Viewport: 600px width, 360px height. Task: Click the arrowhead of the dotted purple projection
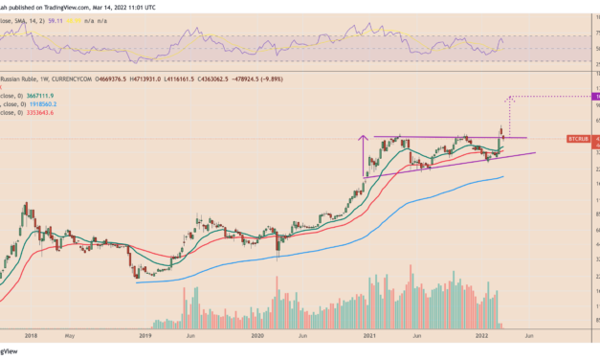(510, 98)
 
